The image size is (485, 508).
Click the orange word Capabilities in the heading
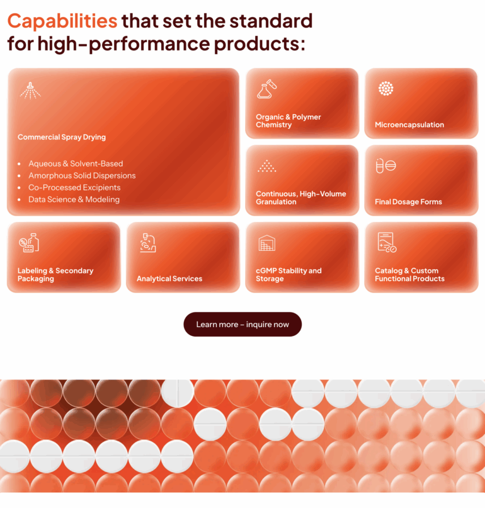[62, 21]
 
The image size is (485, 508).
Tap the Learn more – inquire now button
[243, 325]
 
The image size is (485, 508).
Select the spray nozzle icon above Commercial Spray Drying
[30, 90]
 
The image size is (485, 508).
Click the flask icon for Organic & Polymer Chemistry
[266, 89]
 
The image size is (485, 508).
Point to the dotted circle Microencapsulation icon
[385, 89]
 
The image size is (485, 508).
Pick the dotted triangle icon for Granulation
[266, 166]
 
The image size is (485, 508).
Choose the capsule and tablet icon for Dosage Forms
[385, 166]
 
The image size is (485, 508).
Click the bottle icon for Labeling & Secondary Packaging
[29, 243]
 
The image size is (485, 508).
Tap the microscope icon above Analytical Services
[148, 243]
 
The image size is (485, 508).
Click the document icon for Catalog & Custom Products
[385, 243]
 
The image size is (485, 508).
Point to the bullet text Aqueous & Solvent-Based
[76, 164]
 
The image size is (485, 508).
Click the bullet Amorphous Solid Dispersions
[82, 176]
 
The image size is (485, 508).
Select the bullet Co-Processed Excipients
[74, 188]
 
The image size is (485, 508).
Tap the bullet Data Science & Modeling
[74, 200]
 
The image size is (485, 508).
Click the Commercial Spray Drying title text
[62, 137]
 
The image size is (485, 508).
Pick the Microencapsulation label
[409, 125]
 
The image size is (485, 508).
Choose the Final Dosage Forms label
[408, 202]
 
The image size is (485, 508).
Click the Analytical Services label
[169, 279]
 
